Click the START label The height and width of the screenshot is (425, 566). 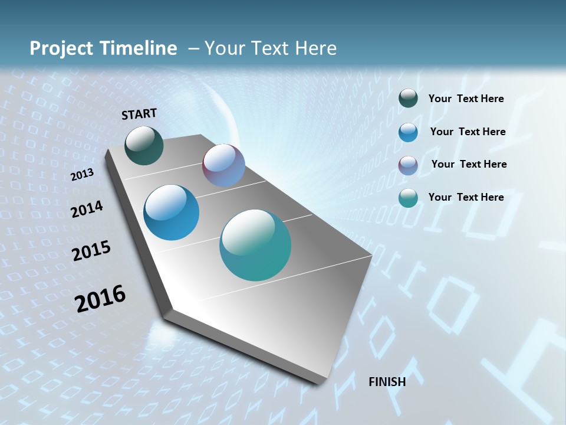click(139, 114)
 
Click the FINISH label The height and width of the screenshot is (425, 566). click(387, 382)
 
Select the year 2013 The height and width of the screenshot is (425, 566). click(83, 175)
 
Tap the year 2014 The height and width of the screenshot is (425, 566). click(87, 210)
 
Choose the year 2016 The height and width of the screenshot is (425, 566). click(100, 299)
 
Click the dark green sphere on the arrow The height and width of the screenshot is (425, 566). click(144, 146)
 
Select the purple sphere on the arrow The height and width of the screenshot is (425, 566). click(223, 166)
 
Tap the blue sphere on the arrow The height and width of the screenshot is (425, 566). click(172, 212)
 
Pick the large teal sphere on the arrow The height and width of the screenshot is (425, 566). click(255, 245)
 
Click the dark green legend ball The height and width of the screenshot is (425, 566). click(408, 99)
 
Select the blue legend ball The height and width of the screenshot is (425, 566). click(408, 132)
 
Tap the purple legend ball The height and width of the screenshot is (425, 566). click(408, 165)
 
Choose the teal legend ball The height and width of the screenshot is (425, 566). click(408, 198)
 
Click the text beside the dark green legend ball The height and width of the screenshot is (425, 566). click(466, 99)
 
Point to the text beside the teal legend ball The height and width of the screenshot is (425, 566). click(466, 197)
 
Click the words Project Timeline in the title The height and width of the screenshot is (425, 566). click(103, 48)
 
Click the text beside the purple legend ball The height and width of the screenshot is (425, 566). click(469, 164)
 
